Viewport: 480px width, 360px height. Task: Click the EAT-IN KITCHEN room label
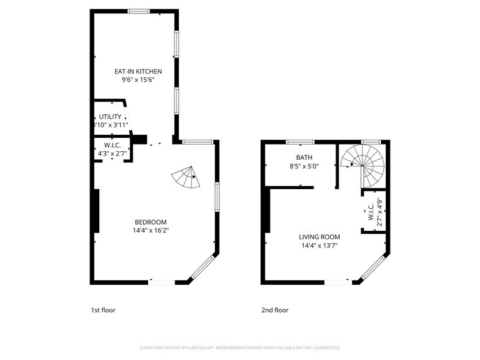tap(138, 72)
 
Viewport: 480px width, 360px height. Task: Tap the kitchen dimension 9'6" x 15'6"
tap(138, 80)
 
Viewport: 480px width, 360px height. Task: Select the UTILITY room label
tap(110, 116)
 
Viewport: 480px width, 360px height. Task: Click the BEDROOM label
tap(151, 222)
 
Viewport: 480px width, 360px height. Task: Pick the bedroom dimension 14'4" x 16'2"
tap(151, 231)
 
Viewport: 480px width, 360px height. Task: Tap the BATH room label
tap(304, 157)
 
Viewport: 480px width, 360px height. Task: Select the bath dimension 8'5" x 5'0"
tap(304, 166)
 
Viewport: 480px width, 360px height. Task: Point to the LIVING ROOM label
tap(319, 237)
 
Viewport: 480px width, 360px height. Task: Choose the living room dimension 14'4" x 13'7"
tap(319, 246)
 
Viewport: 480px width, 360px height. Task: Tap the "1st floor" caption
tap(103, 310)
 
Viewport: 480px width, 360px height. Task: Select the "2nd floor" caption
tap(275, 310)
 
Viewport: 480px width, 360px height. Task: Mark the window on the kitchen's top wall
tap(139, 10)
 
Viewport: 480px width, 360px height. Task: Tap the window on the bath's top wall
tap(296, 142)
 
